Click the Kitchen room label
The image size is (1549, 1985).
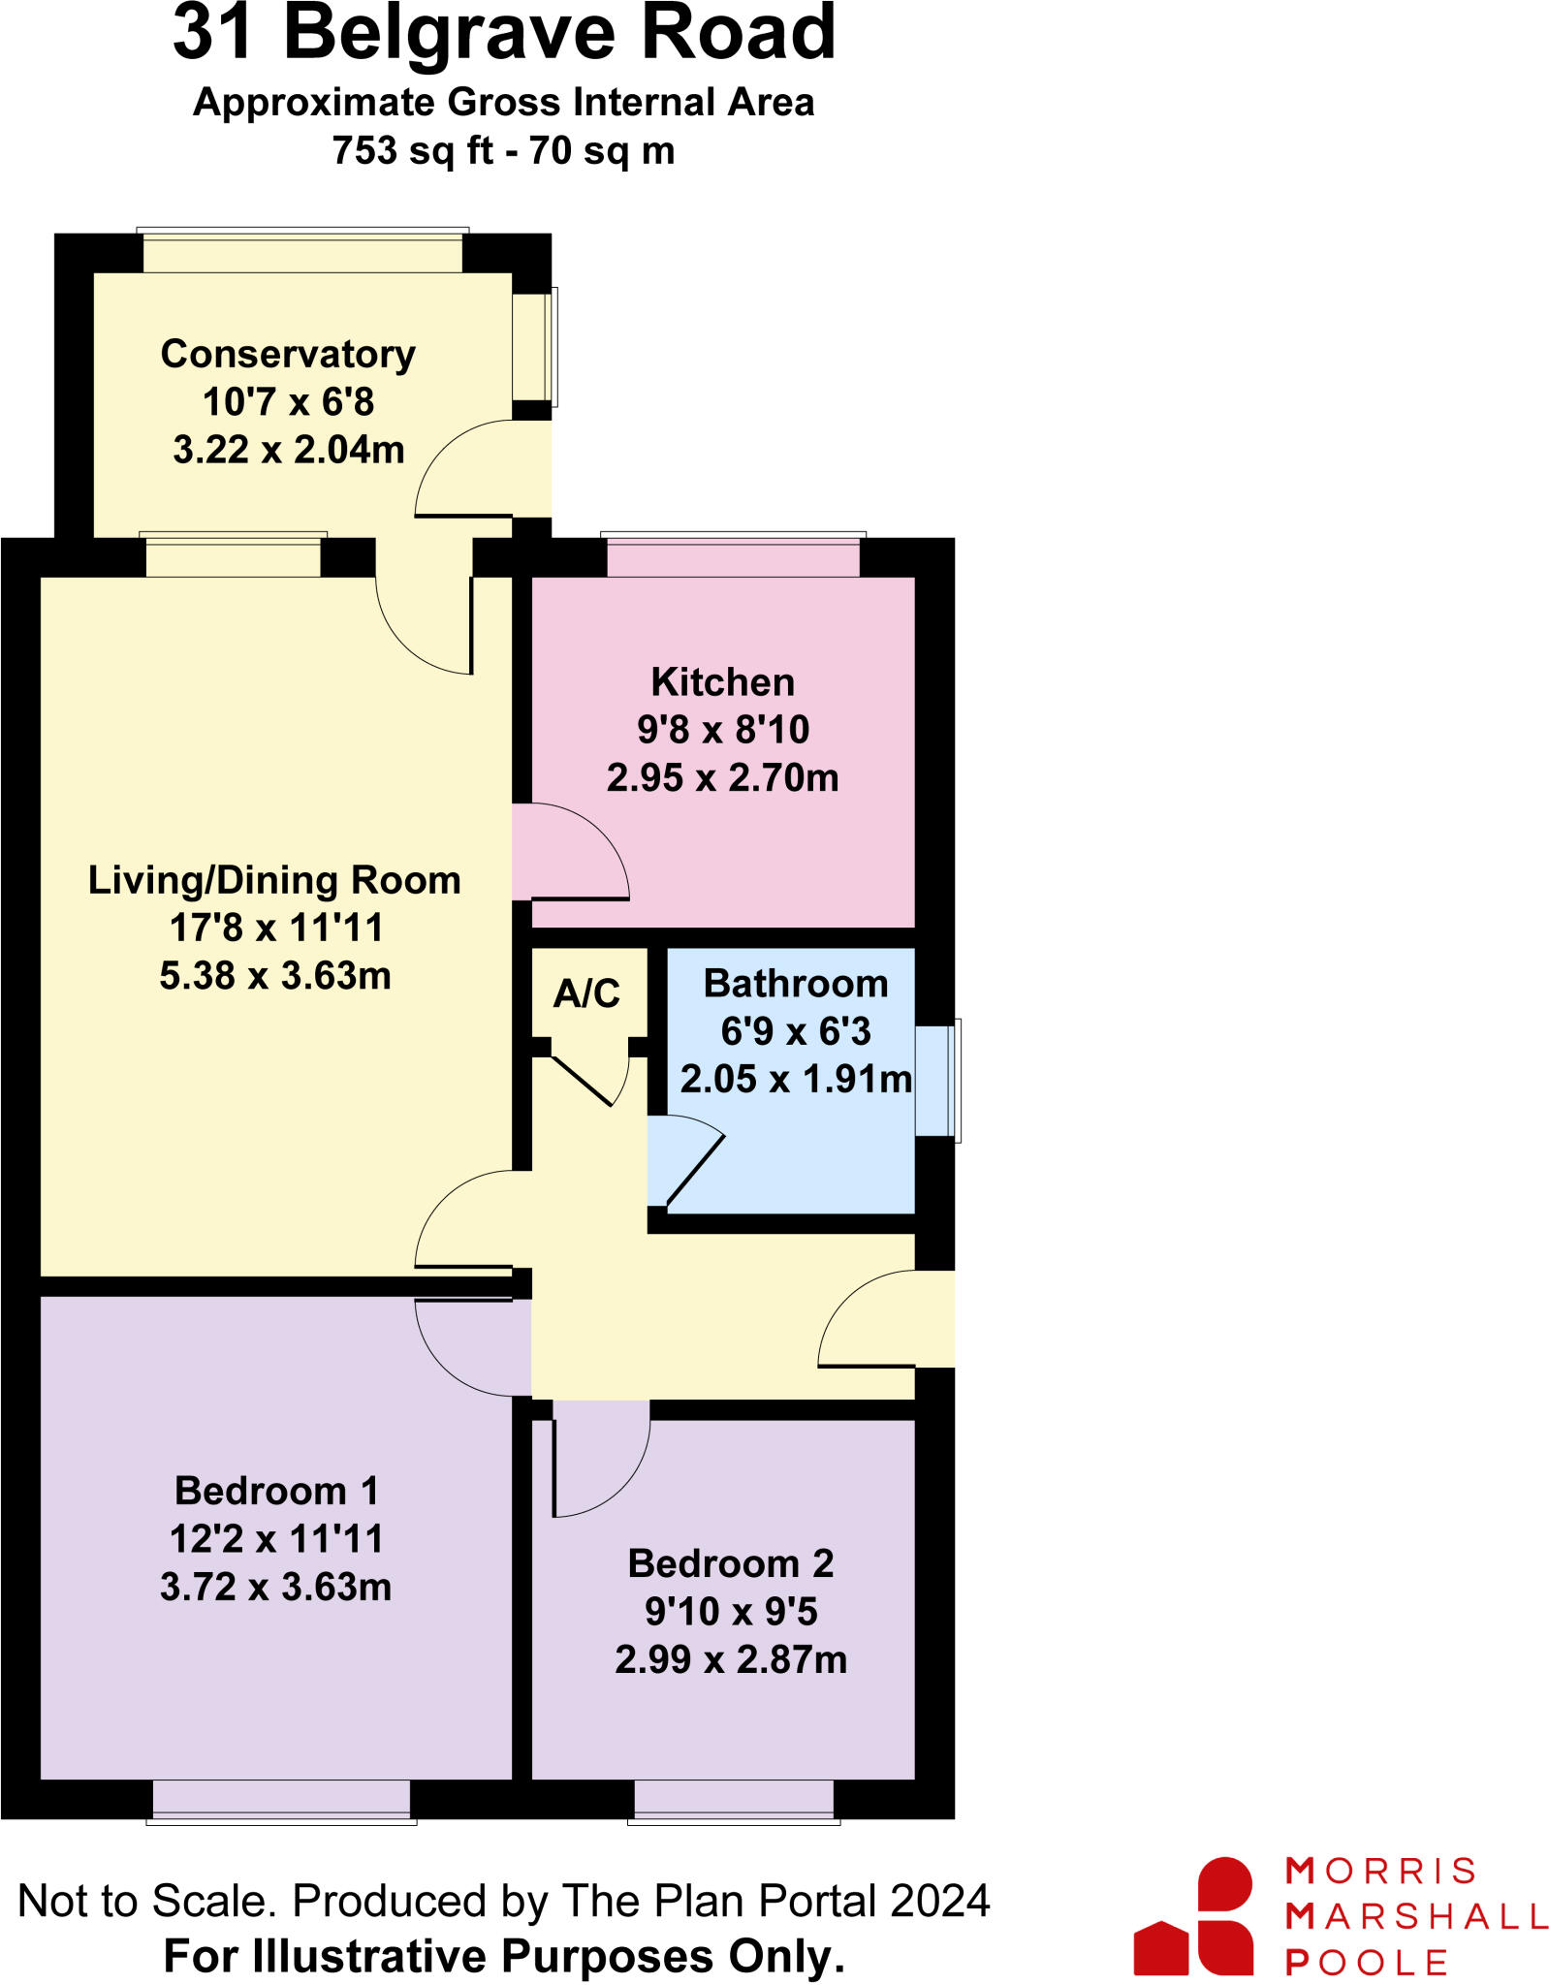[722, 682]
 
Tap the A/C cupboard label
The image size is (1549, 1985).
[586, 993]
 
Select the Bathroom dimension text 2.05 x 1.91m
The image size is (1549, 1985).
[795, 1079]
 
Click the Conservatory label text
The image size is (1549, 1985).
[288, 354]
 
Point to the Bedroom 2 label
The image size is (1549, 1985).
[730, 1564]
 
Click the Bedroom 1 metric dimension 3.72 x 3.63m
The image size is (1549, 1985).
[275, 1588]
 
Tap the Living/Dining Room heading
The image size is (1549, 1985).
[274, 880]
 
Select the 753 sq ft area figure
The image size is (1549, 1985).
[412, 151]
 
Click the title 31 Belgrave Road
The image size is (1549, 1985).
[504, 34]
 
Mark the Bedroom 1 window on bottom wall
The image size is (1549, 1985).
[281, 1801]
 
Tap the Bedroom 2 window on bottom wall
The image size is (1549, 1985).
[734, 1801]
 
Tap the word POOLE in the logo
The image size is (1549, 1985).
[1366, 1963]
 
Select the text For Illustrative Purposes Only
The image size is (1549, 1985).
[504, 1956]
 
